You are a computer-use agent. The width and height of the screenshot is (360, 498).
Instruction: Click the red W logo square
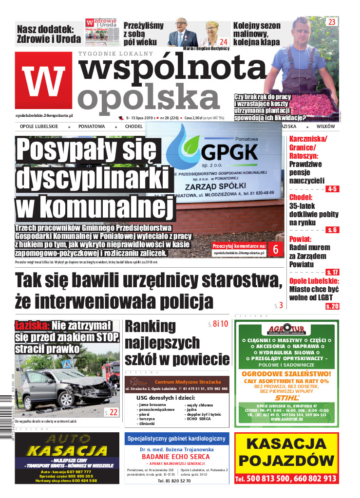point(43,79)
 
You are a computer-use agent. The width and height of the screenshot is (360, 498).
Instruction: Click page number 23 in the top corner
point(332,22)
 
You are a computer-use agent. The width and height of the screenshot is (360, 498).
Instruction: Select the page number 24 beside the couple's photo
point(224,42)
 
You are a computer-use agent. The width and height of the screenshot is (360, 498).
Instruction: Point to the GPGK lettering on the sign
point(229,152)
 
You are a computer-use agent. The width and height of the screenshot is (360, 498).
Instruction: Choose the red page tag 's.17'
point(333,272)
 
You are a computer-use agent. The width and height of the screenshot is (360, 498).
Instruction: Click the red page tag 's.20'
point(332,306)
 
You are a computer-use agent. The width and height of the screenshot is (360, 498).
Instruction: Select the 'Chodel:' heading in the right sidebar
point(301,197)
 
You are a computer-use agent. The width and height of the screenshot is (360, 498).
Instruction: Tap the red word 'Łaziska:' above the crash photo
point(32,325)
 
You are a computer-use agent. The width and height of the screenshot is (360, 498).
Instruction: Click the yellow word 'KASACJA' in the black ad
point(67,451)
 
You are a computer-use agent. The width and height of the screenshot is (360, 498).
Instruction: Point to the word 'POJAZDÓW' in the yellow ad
point(286,461)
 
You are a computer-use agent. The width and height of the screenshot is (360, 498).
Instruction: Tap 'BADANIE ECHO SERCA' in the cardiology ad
point(176,457)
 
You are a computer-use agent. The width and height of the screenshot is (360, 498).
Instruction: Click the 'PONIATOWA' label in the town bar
point(92,126)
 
